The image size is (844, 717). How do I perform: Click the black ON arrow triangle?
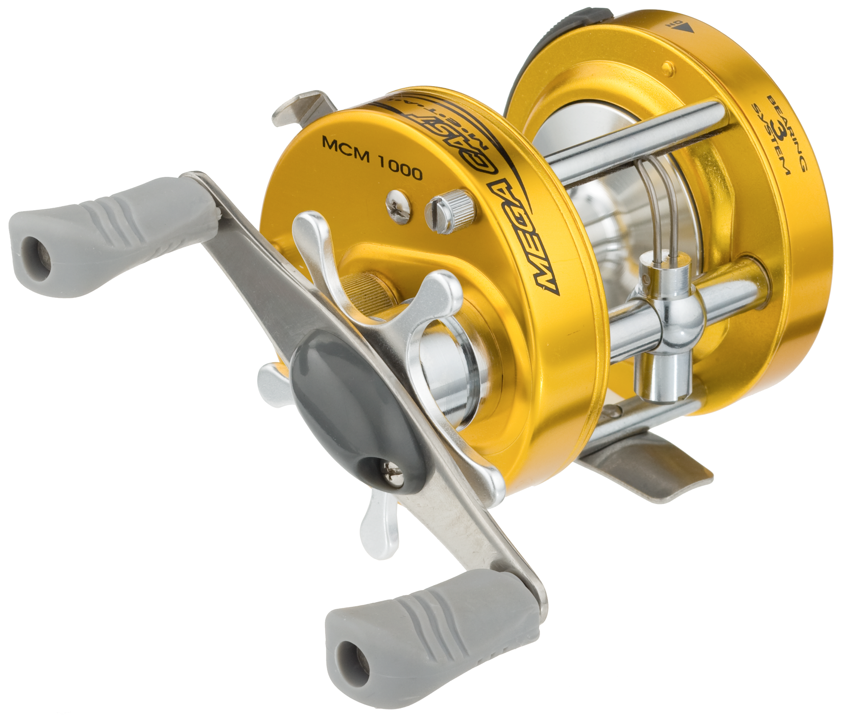(x=686, y=29)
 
